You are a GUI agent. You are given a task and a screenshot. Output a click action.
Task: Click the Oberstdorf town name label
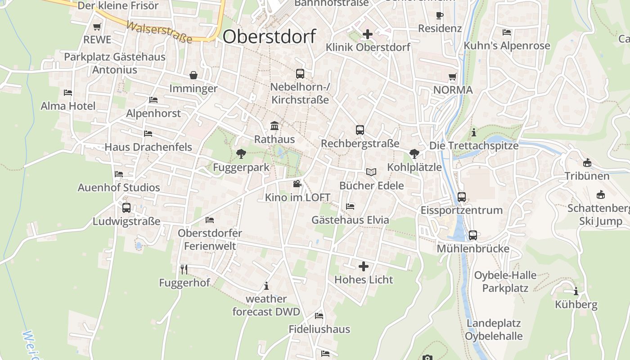(x=269, y=36)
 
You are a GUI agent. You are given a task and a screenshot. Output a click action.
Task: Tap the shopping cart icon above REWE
(x=97, y=27)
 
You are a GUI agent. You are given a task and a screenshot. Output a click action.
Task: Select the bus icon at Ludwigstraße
(x=126, y=208)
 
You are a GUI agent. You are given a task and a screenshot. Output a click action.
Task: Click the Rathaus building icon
(x=274, y=126)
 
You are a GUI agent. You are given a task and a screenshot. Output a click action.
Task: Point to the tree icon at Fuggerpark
(x=241, y=154)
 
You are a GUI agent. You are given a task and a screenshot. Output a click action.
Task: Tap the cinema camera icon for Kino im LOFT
(x=297, y=184)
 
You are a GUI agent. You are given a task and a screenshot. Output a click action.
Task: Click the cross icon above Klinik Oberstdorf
(x=368, y=34)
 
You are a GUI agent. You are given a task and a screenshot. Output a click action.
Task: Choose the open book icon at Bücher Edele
(x=371, y=172)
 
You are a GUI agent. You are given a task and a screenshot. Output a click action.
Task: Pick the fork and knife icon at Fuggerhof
(x=184, y=269)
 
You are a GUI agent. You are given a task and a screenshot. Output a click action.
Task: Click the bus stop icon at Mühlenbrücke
(x=472, y=235)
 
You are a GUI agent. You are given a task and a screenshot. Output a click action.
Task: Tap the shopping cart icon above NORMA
(x=453, y=77)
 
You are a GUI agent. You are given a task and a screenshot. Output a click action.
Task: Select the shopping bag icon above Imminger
(x=193, y=75)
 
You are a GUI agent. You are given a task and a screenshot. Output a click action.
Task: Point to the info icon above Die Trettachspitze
(x=473, y=133)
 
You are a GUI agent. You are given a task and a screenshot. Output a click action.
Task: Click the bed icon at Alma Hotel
(x=68, y=93)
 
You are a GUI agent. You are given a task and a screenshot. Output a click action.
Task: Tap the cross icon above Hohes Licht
(x=364, y=266)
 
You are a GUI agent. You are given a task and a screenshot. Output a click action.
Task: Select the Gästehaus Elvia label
(x=350, y=220)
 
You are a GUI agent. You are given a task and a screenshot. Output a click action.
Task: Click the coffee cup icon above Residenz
(x=440, y=16)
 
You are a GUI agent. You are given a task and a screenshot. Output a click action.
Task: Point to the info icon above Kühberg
(x=576, y=291)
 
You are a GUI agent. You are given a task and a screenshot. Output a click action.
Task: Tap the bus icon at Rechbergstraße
(x=360, y=130)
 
